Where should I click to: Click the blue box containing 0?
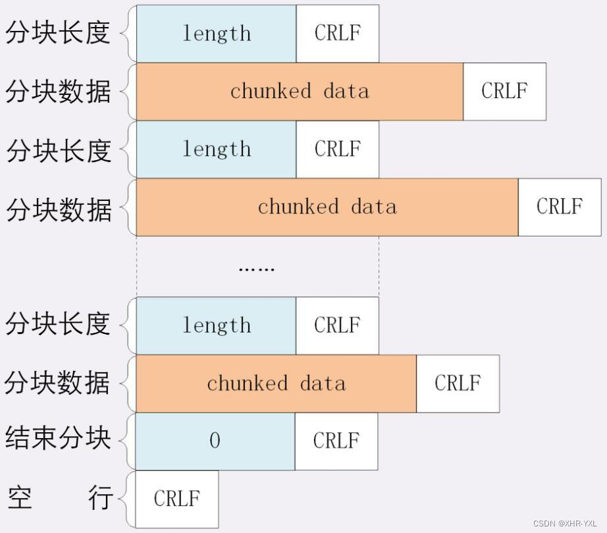215,441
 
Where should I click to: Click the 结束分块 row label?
58,438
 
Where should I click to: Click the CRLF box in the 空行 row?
176,499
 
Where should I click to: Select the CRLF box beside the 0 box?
336,441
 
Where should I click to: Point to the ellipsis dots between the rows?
256,268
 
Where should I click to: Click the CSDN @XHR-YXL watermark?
565,524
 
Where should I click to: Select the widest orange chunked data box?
327,207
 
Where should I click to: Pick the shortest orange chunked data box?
276,383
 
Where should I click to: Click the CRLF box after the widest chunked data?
560,207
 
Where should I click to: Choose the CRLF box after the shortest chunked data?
458,383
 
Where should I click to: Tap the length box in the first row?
216,34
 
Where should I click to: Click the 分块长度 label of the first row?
58,33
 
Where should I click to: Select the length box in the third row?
216,150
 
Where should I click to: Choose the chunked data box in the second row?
300,92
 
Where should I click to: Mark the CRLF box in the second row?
504,92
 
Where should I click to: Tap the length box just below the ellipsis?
216,325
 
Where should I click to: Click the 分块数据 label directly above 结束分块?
58,383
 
